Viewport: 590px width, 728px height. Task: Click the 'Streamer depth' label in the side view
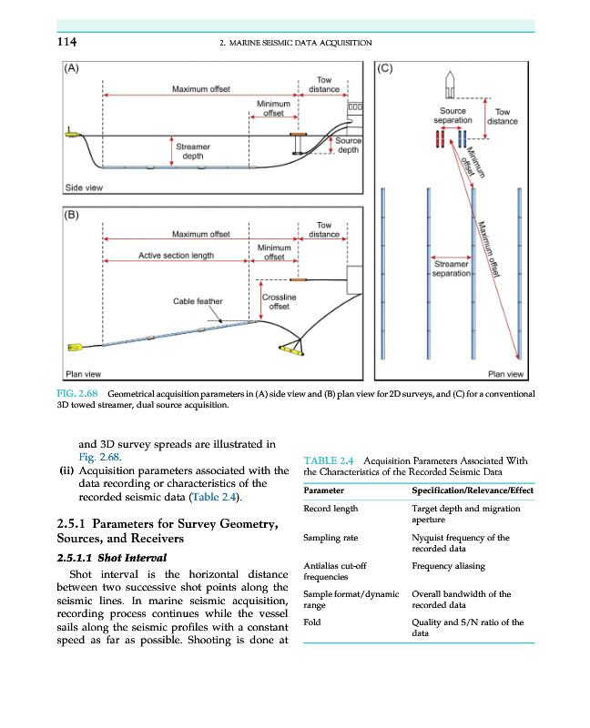click(193, 151)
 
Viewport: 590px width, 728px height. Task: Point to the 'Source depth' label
click(348, 146)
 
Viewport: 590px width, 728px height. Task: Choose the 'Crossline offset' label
click(279, 301)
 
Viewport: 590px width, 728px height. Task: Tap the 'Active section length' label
click(176, 256)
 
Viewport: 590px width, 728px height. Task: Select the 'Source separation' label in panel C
click(453, 116)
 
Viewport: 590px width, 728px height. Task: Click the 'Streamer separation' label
click(451, 268)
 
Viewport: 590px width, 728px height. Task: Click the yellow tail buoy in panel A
click(73, 135)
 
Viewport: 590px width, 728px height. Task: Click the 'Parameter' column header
click(323, 490)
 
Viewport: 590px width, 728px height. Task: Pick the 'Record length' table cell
click(331, 509)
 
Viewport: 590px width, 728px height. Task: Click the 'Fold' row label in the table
click(312, 623)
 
